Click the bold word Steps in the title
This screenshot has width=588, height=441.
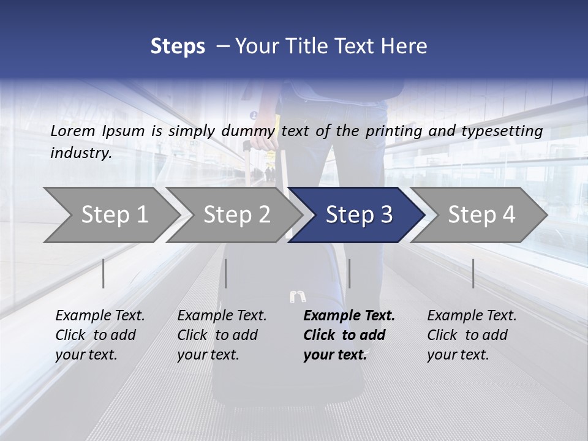coord(178,47)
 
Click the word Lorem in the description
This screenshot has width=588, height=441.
coord(73,130)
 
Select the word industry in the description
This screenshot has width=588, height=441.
coord(80,153)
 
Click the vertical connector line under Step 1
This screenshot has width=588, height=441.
coord(104,273)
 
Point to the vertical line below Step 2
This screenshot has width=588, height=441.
coord(226,273)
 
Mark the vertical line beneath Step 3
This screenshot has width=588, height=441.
coord(349,273)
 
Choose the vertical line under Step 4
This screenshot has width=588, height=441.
coord(473,273)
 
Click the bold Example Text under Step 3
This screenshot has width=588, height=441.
coord(349,316)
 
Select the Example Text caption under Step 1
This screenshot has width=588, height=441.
coord(100,316)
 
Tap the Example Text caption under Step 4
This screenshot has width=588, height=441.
coord(472,316)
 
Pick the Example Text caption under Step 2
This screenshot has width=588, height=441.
coord(222,316)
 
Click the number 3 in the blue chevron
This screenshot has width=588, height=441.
coord(386,215)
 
